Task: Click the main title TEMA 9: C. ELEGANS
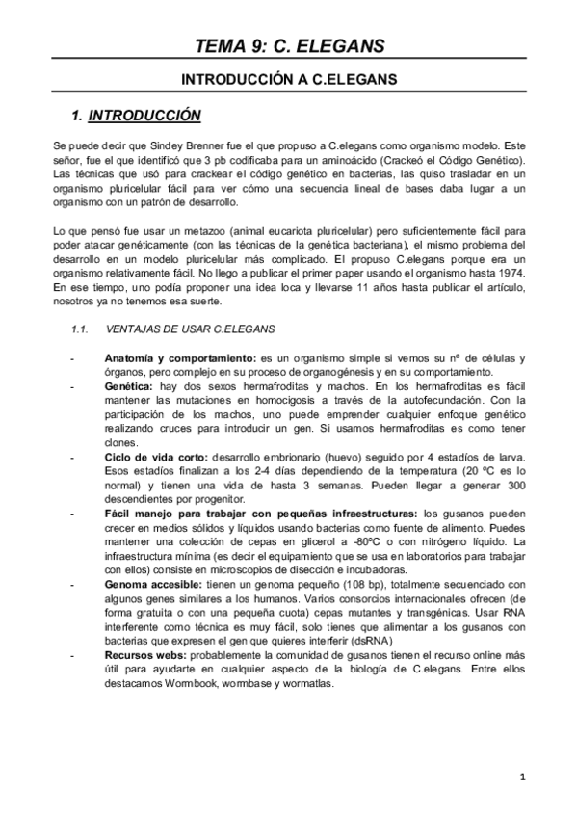pyautogui.click(x=289, y=44)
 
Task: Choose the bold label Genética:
pyautogui.click(x=132, y=385)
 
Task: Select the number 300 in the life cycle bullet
pyautogui.click(x=513, y=488)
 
